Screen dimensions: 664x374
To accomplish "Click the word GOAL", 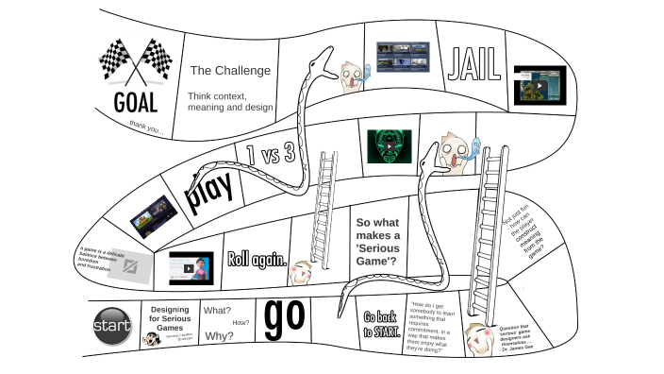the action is click(x=136, y=102).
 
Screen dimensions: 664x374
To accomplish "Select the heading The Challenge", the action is click(x=230, y=71).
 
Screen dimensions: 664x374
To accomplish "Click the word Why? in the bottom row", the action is click(x=219, y=336).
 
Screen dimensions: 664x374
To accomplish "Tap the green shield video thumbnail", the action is click(x=390, y=146).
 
